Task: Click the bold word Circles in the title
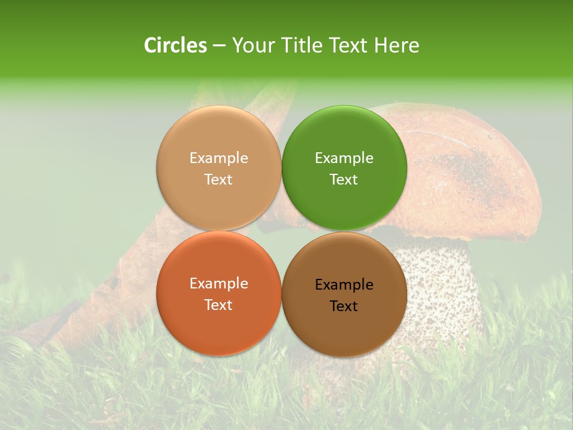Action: [x=175, y=45]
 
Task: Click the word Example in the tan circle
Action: [x=218, y=158]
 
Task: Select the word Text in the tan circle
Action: [x=218, y=180]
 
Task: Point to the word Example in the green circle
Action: [x=344, y=158]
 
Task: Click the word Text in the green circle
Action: [x=344, y=180]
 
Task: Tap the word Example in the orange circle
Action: [x=218, y=284]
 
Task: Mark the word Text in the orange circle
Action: [x=218, y=305]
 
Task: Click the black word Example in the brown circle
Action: [x=344, y=285]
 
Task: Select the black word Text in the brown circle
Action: [x=344, y=306]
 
